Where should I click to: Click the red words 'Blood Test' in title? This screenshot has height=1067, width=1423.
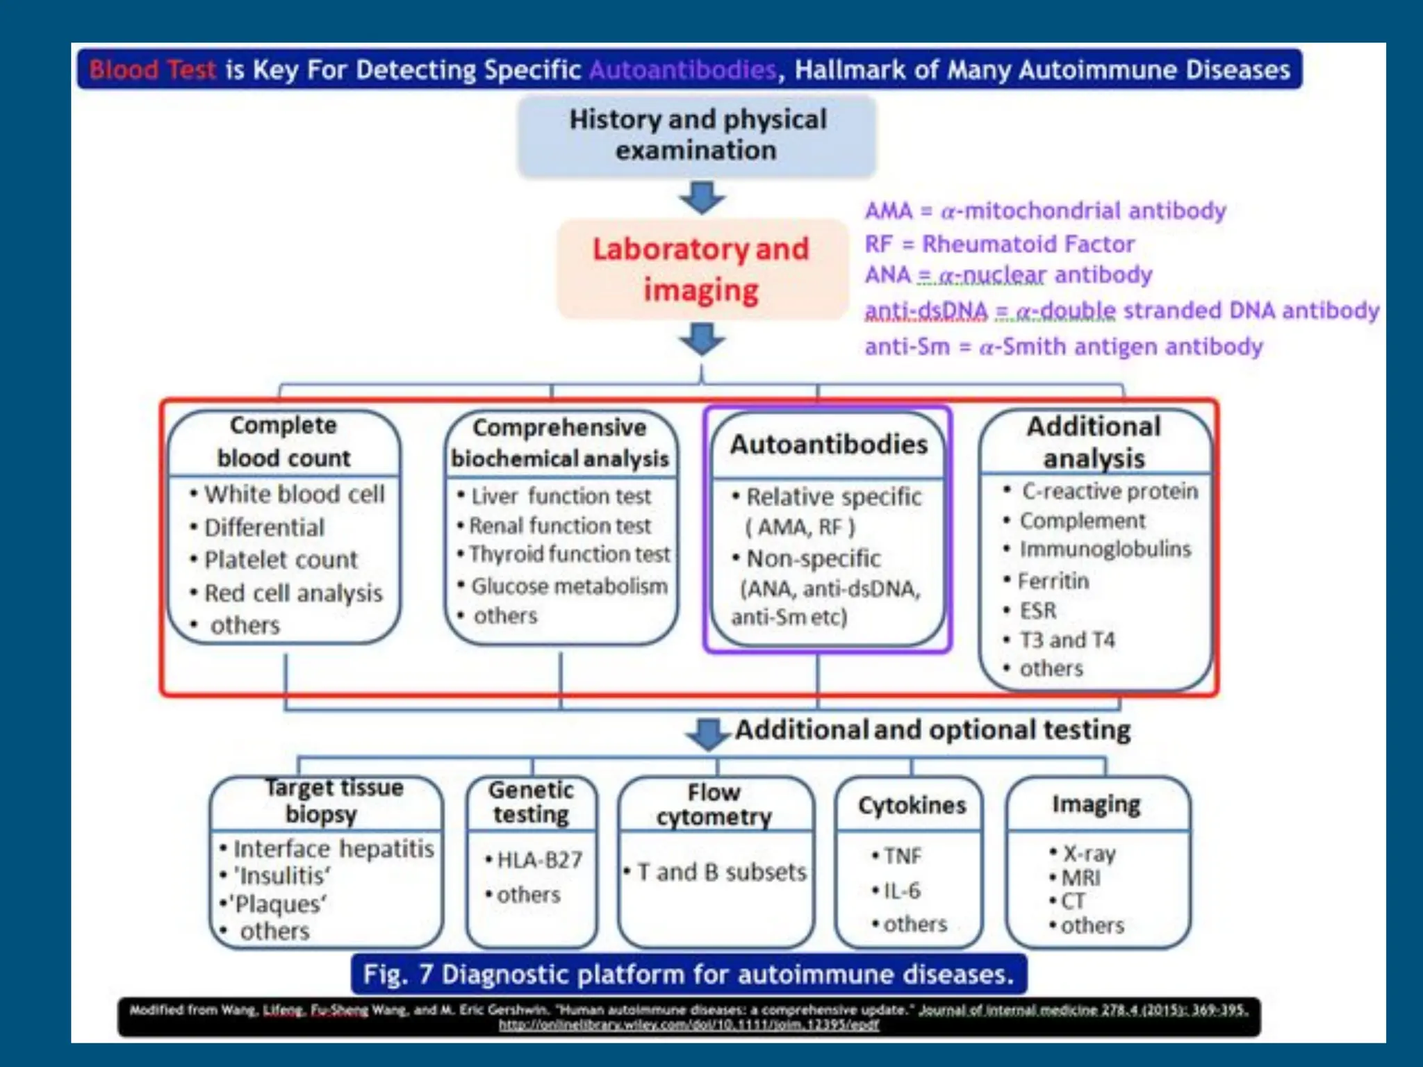(153, 70)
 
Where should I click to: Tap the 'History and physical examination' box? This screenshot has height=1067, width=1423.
(697, 135)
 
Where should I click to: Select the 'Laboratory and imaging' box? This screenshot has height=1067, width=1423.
(701, 270)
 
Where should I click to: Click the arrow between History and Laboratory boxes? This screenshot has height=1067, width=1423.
(702, 197)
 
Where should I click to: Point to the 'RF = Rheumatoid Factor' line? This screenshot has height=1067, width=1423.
(999, 244)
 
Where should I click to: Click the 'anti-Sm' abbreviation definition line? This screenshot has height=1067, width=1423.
(1063, 346)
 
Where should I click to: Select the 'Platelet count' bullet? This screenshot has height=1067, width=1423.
(281, 560)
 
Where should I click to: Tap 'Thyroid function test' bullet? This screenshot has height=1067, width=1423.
(569, 554)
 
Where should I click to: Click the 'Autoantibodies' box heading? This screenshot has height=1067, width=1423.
(828, 445)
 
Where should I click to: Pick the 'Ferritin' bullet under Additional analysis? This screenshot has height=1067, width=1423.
(1053, 581)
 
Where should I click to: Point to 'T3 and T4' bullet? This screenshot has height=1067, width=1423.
(1067, 639)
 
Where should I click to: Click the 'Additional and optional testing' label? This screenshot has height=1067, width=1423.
(932, 730)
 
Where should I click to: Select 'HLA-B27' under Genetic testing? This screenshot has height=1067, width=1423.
(539, 860)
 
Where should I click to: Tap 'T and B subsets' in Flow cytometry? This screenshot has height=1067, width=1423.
(721, 872)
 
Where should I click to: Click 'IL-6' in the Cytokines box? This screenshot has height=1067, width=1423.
(901, 891)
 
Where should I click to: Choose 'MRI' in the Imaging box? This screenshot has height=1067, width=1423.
(1080, 878)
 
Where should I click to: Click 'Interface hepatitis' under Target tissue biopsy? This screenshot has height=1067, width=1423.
(334, 849)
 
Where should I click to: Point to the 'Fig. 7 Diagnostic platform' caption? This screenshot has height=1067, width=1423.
(688, 975)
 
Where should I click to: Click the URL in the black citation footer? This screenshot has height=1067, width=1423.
(689, 1025)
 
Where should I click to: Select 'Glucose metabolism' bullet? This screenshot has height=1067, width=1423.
(569, 586)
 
